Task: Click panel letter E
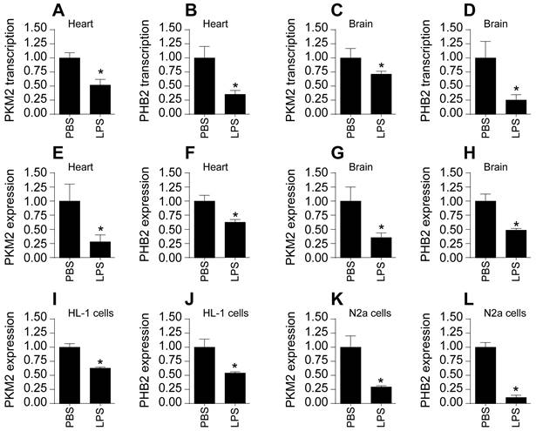click(x=57, y=154)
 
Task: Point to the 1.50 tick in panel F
click(x=178, y=172)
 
